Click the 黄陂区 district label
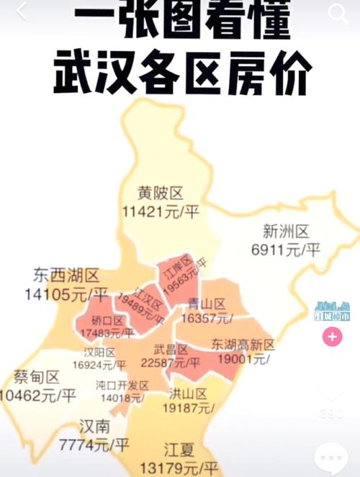point(161,193)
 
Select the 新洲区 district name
point(285,232)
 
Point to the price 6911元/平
point(285,250)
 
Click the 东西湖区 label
point(66,275)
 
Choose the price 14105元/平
point(66,294)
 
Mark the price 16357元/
point(204,317)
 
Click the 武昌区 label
point(174,350)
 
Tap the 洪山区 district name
point(189,394)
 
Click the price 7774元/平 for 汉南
point(94,445)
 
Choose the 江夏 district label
point(179,450)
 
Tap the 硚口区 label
point(108,321)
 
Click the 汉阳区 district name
point(99,353)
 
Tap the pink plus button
point(332,337)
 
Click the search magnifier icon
point(338,12)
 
